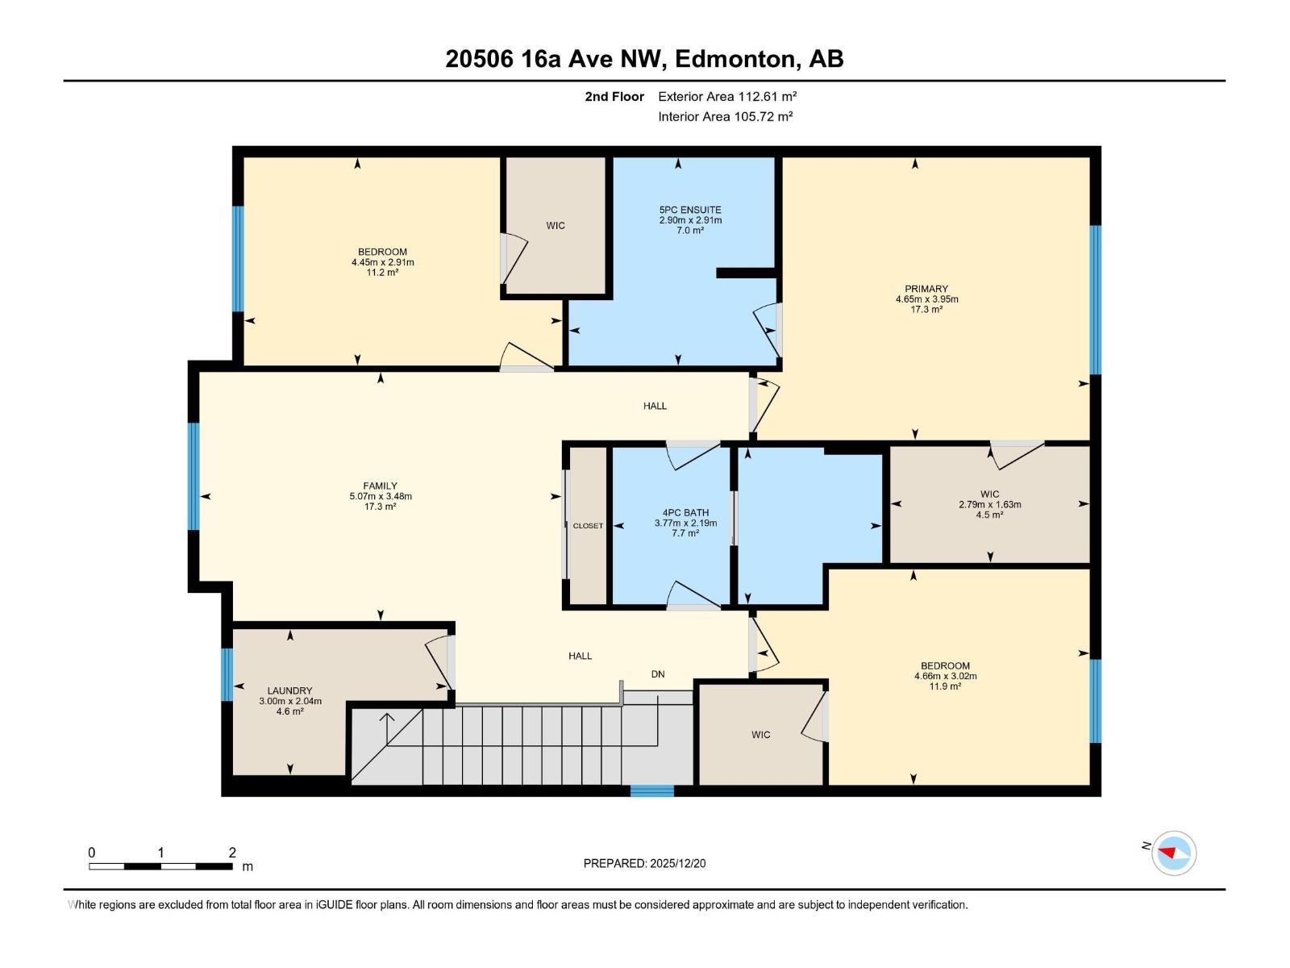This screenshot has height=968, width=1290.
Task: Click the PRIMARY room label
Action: [x=926, y=289]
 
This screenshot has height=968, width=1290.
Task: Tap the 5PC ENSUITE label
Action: [x=690, y=210]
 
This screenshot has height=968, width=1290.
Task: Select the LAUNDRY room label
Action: [x=289, y=691]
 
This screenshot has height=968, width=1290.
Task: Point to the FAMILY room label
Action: [x=380, y=486]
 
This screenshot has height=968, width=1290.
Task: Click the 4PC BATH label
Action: [x=685, y=512]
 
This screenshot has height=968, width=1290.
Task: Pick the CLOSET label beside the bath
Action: [x=588, y=526]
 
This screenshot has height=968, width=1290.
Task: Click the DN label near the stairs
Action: [x=658, y=674]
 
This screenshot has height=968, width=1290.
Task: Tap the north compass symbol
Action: [x=1173, y=853]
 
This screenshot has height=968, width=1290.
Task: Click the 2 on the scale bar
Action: [x=232, y=853]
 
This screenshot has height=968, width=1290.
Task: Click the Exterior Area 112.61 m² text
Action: [x=727, y=96]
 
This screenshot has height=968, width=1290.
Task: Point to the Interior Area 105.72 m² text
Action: [x=725, y=116]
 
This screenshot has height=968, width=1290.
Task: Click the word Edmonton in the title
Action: [x=734, y=59]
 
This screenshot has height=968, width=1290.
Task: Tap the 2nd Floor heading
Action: [x=614, y=97]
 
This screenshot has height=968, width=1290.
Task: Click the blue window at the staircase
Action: [x=651, y=791]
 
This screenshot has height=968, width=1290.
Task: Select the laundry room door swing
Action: [x=440, y=661]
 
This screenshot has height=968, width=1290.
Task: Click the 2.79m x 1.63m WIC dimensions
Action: [x=989, y=505]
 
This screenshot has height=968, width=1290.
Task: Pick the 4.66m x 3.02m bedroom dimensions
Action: [x=945, y=676]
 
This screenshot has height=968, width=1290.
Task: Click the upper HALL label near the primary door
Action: [x=655, y=406]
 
